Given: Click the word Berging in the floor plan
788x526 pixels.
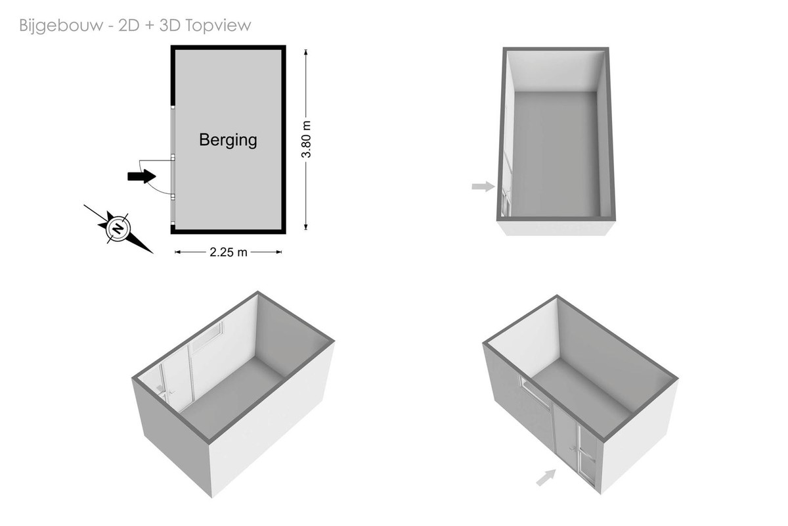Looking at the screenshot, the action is pos(228,140).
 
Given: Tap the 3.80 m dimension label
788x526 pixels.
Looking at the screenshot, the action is pos(307,139).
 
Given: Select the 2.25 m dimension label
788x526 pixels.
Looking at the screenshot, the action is pos(229,252).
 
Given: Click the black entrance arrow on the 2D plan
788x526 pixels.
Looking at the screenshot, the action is pos(141,176).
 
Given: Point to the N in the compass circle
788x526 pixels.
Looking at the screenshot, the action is pos(118,228).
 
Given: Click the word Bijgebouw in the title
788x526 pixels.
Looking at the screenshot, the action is pos(61,26).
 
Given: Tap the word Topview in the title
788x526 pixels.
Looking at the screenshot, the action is pos(218,26).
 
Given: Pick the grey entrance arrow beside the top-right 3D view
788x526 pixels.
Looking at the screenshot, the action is pos(483,186).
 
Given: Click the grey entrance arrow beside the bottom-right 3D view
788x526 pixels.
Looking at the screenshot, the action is pos(546,477).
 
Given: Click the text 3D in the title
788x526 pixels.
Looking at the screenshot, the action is pos(170,26).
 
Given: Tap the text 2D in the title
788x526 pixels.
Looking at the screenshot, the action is pos(129,26).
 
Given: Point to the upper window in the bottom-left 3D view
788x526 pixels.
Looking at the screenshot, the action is pos(208,336).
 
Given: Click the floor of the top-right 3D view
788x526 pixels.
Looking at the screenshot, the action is pos(556,154).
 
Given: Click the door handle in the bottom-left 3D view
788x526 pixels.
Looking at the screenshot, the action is pos(172,392).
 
